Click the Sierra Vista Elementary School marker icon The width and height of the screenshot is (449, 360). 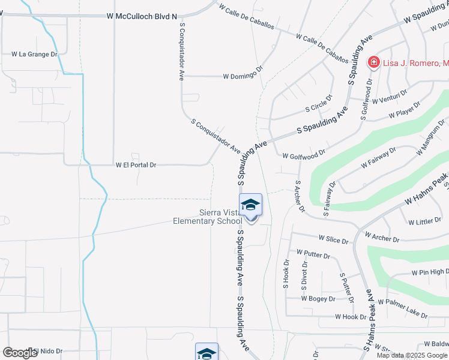click(x=250, y=206)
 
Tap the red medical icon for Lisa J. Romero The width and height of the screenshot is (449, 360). click(x=373, y=62)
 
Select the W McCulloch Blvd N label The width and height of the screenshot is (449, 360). click(x=142, y=16)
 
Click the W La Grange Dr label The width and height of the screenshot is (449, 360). click(x=34, y=54)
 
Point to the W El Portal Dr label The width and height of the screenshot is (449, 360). click(x=136, y=164)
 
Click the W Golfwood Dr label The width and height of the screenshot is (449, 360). click(x=304, y=154)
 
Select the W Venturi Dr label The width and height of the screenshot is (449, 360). click(x=390, y=97)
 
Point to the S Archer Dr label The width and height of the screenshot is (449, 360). click(x=300, y=196)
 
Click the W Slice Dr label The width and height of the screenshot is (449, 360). click(x=333, y=239)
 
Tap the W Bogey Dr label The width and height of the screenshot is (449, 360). click(x=318, y=298)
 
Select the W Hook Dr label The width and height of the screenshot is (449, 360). click(x=351, y=317)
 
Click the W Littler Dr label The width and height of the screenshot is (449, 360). click(x=424, y=221)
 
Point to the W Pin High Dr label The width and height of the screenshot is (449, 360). click(x=430, y=272)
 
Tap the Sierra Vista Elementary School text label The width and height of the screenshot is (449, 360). click(x=207, y=217)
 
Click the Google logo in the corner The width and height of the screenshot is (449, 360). click(x=20, y=353)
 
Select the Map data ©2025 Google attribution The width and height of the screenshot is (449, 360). click(x=411, y=355)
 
